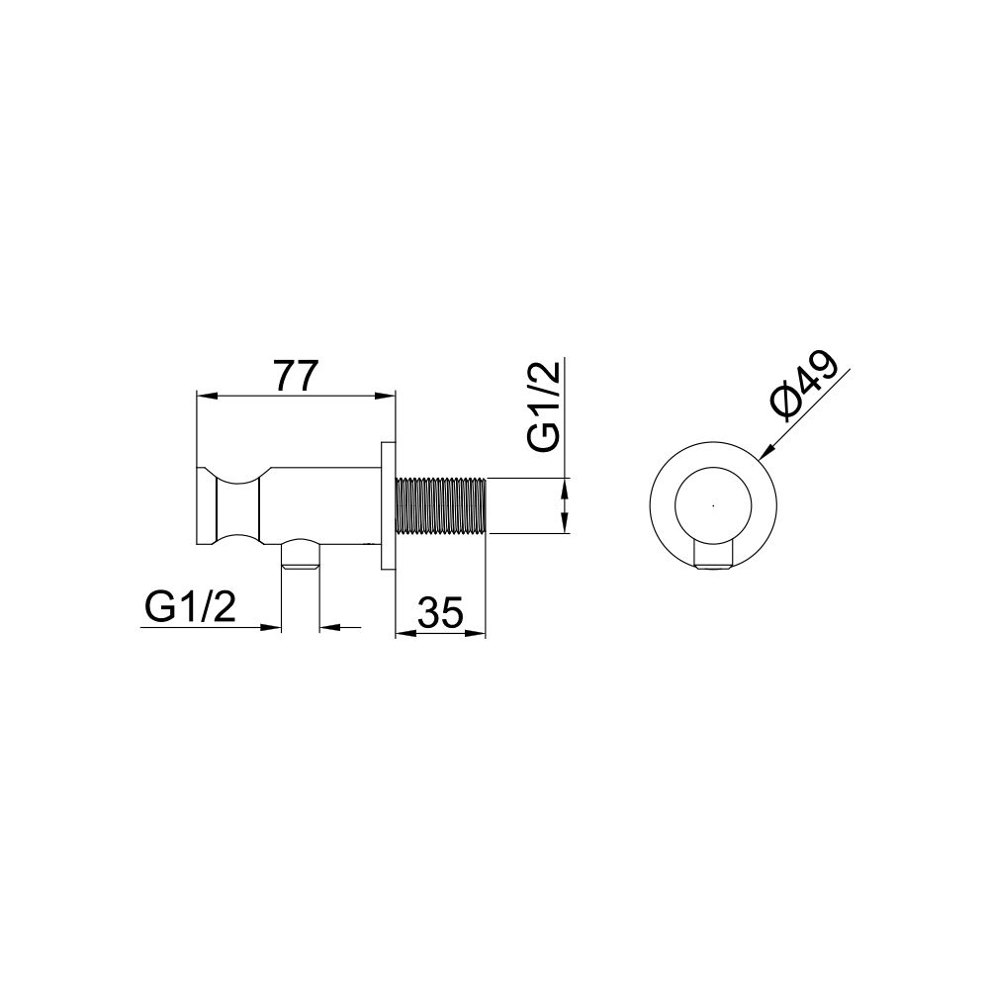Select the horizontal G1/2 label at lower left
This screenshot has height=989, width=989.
[190, 607]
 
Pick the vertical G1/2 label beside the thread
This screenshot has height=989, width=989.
[544, 406]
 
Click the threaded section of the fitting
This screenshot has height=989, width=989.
[441, 506]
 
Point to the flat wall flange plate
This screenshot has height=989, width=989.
[388, 505]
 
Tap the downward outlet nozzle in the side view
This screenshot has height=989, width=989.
[301, 555]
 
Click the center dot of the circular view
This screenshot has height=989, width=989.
[713, 505]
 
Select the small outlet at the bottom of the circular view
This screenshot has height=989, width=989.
[713, 556]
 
